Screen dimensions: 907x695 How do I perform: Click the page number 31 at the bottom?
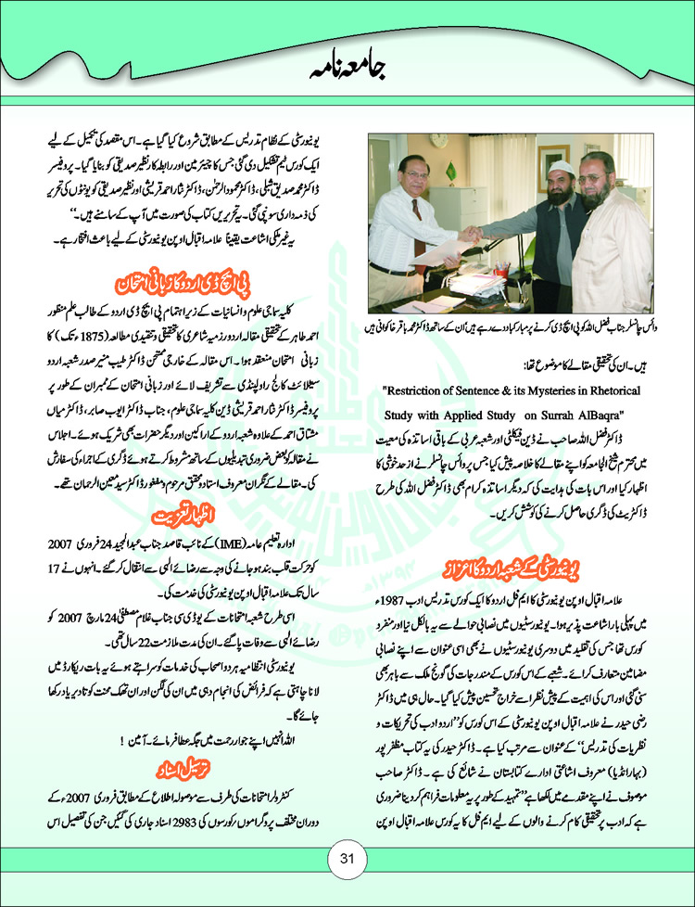[x=347, y=858]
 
